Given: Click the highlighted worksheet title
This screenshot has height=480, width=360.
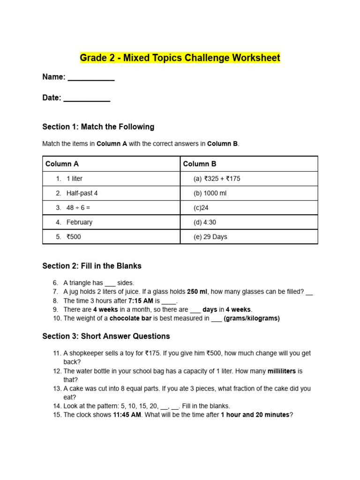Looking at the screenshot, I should [180, 58].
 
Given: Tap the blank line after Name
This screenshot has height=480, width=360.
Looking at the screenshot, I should [91, 80].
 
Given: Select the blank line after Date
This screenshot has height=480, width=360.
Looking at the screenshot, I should [87, 100].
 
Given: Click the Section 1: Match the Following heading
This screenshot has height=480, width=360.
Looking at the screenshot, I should [98, 127].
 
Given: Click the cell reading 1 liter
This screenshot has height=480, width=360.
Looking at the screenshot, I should [75, 179].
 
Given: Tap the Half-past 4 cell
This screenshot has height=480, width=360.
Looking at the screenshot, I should [82, 193].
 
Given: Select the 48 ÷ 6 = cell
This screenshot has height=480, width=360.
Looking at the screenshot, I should [78, 208].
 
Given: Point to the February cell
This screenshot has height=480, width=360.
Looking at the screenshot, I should [79, 222].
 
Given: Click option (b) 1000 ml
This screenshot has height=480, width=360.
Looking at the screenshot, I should [210, 193].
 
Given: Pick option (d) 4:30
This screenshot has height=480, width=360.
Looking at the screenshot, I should [205, 222].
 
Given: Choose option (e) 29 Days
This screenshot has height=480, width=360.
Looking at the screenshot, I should [210, 237].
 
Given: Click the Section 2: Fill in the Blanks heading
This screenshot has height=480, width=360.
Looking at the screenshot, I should [92, 266].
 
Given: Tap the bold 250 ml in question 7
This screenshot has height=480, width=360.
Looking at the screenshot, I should [197, 292].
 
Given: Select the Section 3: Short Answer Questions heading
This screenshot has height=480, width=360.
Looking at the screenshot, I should [106, 336].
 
